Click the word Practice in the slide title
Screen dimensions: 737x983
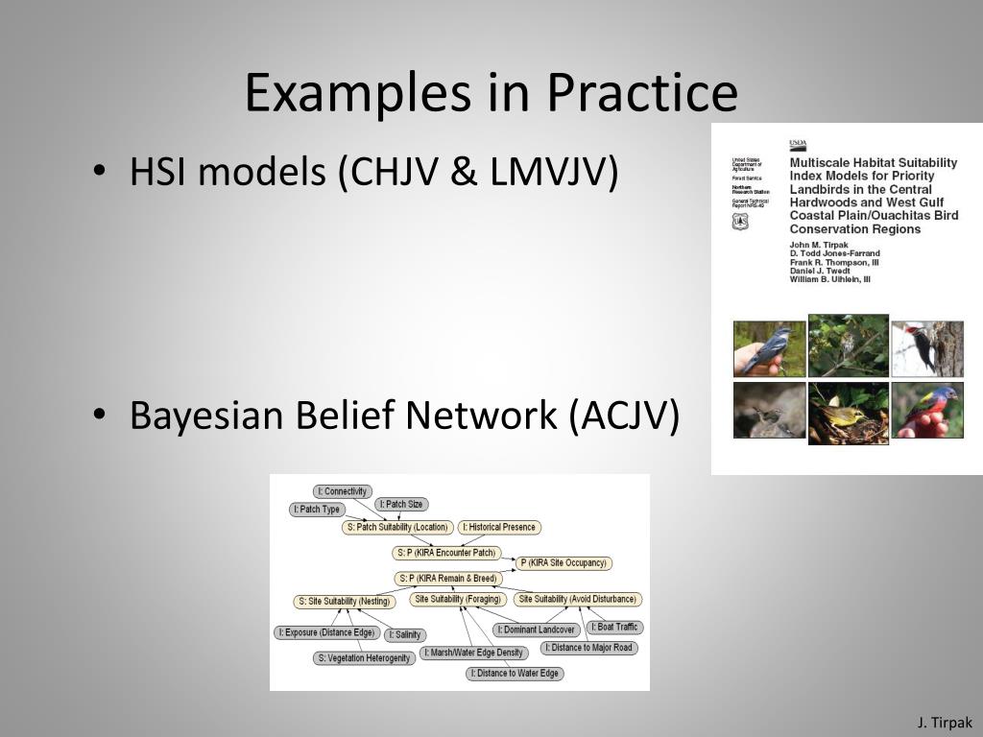click(x=642, y=93)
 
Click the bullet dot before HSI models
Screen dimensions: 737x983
click(x=99, y=172)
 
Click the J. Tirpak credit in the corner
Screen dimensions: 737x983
click(x=945, y=722)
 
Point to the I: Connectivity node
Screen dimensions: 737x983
click(x=343, y=491)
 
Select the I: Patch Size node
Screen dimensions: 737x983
click(x=401, y=504)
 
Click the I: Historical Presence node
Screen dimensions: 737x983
click(x=500, y=527)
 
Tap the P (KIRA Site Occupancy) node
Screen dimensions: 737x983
click(x=564, y=563)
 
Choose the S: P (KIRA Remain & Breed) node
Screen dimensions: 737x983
click(x=448, y=579)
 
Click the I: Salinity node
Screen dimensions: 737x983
click(x=405, y=635)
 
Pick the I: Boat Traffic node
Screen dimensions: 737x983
click(x=614, y=627)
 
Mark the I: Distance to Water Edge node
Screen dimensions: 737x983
click(x=515, y=674)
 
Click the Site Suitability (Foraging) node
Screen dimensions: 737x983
click(x=458, y=599)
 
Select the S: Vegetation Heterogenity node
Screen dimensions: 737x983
click(x=365, y=658)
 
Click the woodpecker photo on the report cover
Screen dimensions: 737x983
click(x=926, y=347)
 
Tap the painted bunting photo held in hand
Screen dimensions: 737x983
click(x=926, y=410)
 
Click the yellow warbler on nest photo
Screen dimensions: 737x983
click(x=848, y=412)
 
